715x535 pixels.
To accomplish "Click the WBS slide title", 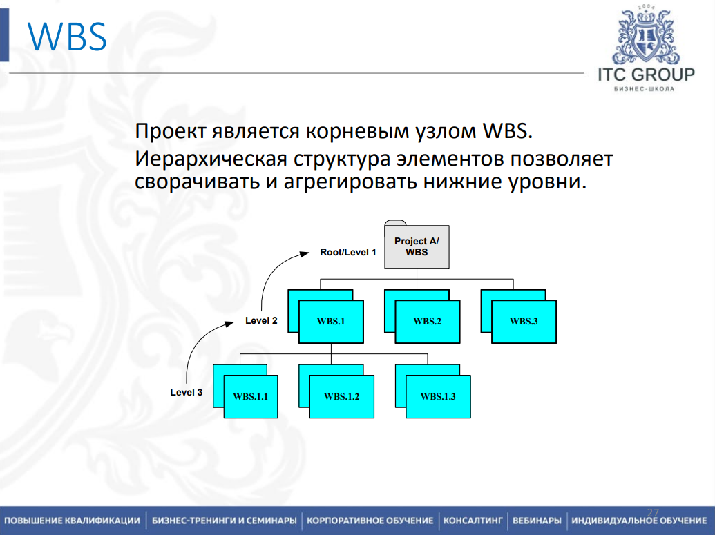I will point(68,37).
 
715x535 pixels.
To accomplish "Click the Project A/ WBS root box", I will point(417,247).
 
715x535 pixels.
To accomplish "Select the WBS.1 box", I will point(331,322).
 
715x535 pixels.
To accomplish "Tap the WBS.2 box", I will point(428,322).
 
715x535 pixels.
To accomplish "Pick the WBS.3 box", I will point(524,322).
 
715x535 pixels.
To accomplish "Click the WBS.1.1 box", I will point(250,397).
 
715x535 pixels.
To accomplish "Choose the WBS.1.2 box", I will point(342,397).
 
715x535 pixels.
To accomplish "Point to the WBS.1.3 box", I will point(438,397).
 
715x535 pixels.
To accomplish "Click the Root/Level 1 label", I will point(347,253).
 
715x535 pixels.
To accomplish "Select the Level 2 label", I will point(261,320).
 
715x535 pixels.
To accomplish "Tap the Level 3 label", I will point(187,392).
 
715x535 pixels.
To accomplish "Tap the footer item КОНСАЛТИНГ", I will point(473,520).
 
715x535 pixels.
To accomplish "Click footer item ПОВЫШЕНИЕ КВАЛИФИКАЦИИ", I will point(72,520).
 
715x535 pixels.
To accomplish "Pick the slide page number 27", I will point(653,512).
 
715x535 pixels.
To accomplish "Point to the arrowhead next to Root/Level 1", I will point(305,253).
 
